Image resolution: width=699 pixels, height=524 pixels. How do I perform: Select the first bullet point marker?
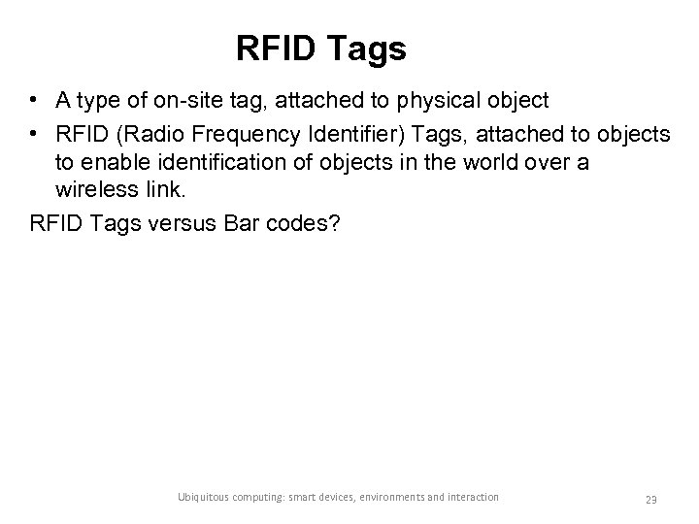click(34, 100)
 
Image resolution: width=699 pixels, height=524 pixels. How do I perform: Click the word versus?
click(175, 223)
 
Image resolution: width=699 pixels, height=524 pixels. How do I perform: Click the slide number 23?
click(651, 499)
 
